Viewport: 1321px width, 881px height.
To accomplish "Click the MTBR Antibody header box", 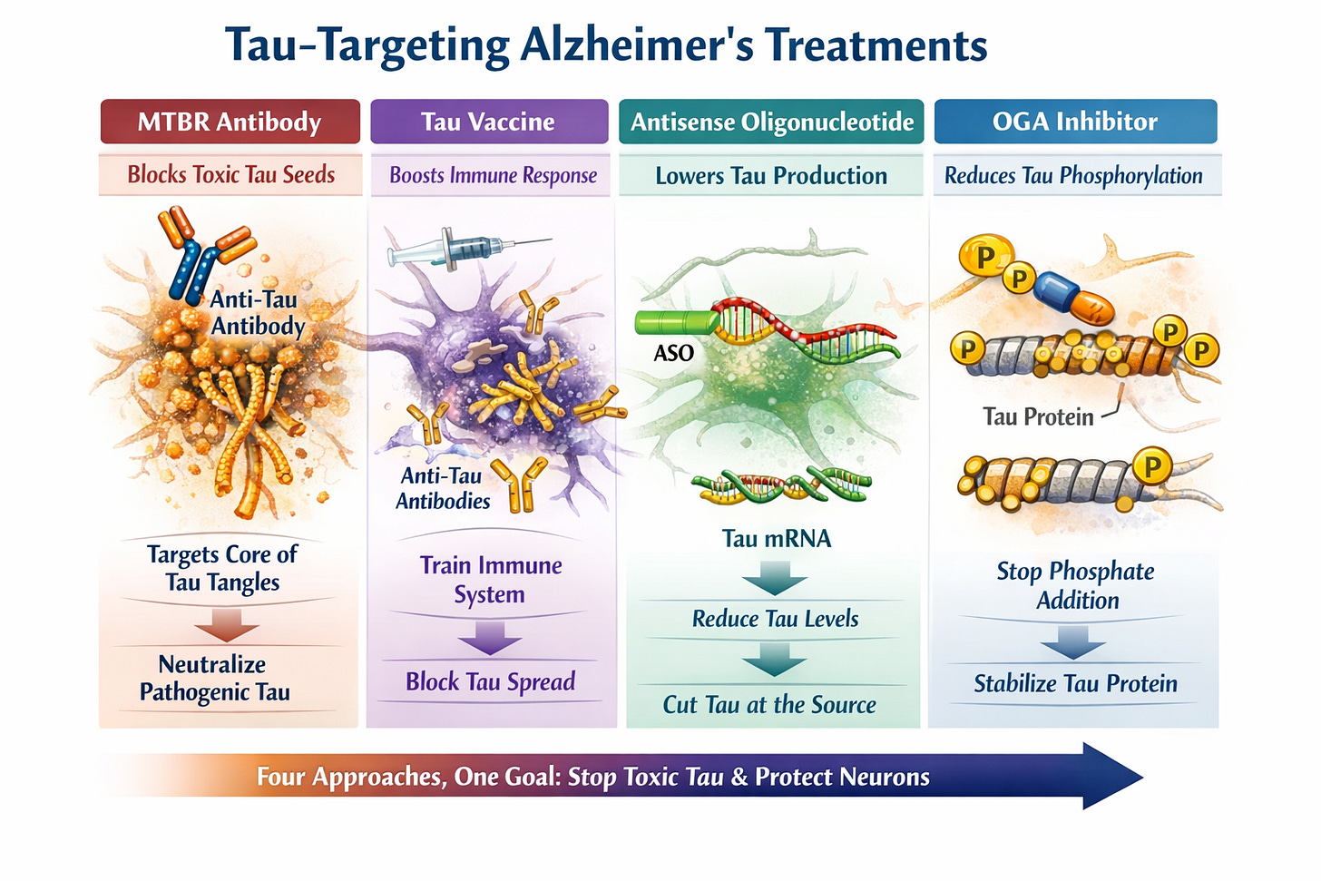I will (230, 122).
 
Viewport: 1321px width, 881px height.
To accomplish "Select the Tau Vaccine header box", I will (488, 122).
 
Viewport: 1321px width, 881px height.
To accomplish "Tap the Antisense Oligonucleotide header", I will (771, 122).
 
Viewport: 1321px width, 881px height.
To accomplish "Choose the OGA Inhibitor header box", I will (1075, 122).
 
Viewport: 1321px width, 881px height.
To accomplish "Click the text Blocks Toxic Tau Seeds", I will (230, 174).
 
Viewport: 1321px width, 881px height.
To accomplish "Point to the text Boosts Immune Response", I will (493, 175).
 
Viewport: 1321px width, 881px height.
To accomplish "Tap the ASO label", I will (673, 353).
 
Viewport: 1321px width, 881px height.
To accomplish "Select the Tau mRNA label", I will (776, 539).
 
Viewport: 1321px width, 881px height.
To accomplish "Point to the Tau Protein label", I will (1038, 416).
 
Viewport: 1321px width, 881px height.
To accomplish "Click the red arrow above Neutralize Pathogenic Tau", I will (226, 625).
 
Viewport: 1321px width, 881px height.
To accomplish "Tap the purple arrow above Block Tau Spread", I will (489, 637).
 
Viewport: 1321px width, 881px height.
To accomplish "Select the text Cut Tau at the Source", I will (769, 705).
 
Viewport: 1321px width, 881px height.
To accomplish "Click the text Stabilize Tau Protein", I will (1075, 684).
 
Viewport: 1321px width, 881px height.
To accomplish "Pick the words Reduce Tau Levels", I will (775, 619).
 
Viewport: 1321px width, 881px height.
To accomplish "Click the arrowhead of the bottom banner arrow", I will (1112, 777).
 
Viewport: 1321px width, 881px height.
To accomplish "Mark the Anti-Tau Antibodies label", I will (443, 488).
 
